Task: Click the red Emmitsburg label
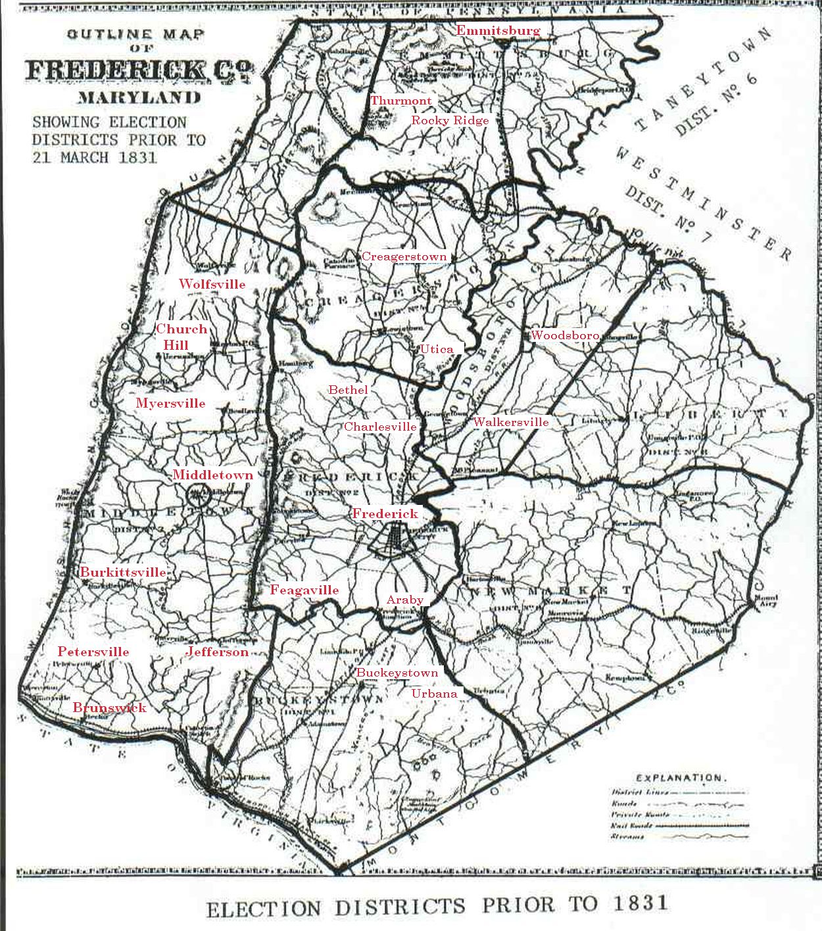498,30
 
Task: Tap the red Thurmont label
401,101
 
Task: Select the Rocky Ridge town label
450,120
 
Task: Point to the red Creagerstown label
404,256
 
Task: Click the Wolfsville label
212,284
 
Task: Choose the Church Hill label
181,337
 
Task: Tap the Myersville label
170,403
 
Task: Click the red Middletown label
212,475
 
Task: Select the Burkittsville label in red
123,572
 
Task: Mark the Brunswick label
109,707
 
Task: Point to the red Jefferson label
217,652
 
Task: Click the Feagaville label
304,590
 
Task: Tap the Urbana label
434,694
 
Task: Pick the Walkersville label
510,422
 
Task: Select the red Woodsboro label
564,335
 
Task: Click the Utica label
437,349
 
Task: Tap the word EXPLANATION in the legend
681,778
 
